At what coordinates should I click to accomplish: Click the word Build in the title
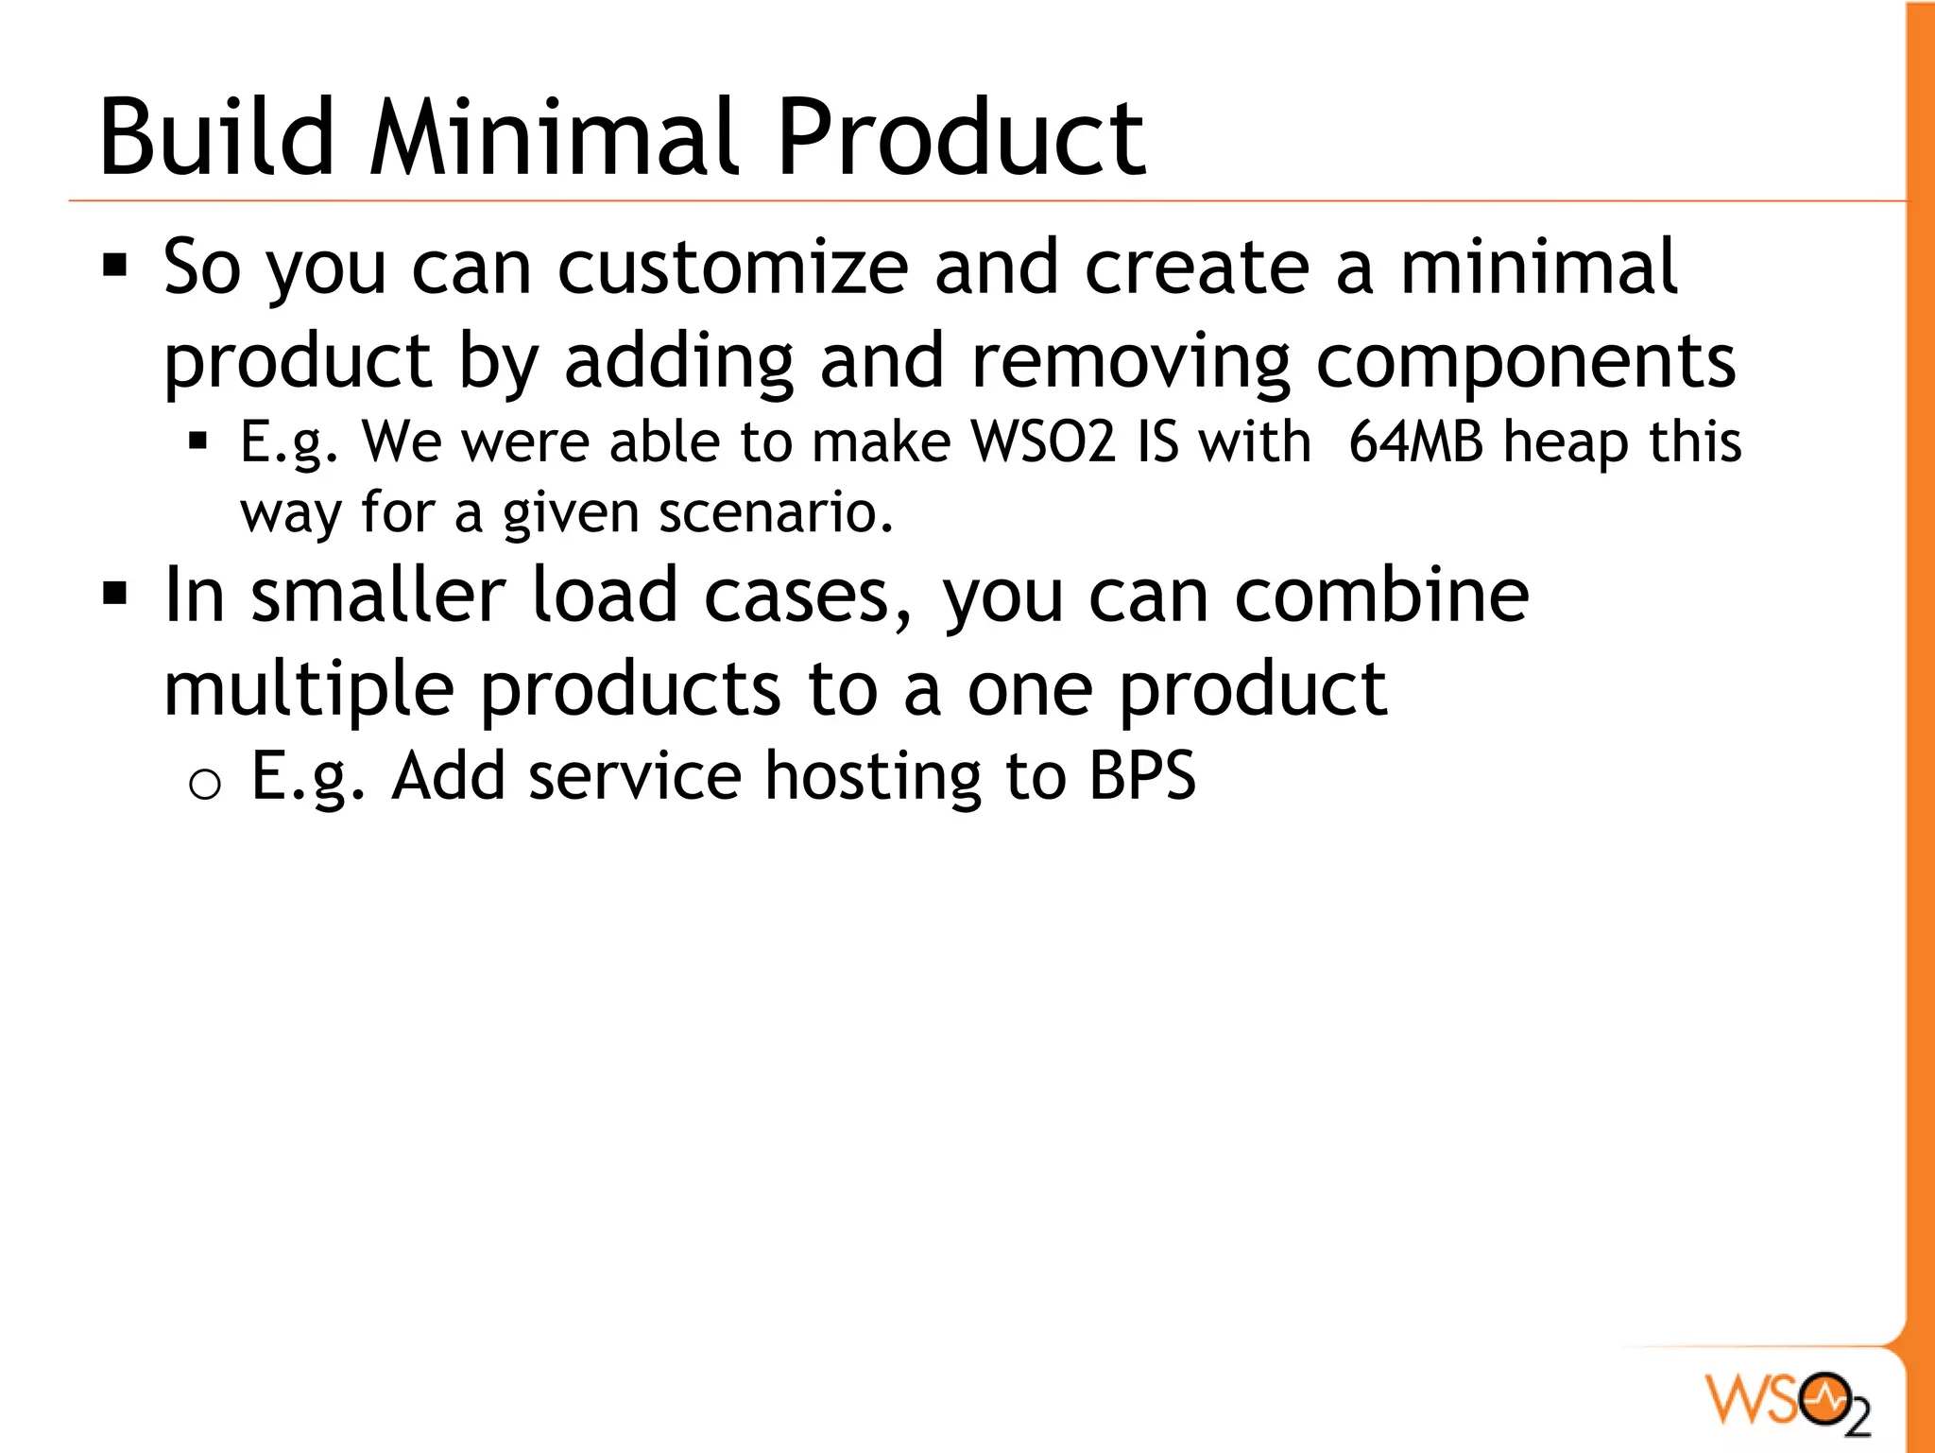click(x=216, y=138)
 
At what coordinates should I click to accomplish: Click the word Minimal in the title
click(x=557, y=138)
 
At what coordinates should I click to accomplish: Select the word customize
click(x=733, y=268)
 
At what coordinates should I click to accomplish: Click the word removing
click(x=1130, y=362)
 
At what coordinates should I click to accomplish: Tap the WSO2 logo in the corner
click(x=1788, y=1399)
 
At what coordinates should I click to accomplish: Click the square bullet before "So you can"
click(x=115, y=266)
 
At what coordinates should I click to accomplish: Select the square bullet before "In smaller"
click(x=115, y=594)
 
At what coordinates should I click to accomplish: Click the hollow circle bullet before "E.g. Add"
click(x=204, y=784)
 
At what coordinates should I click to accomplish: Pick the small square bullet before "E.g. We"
click(x=197, y=441)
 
